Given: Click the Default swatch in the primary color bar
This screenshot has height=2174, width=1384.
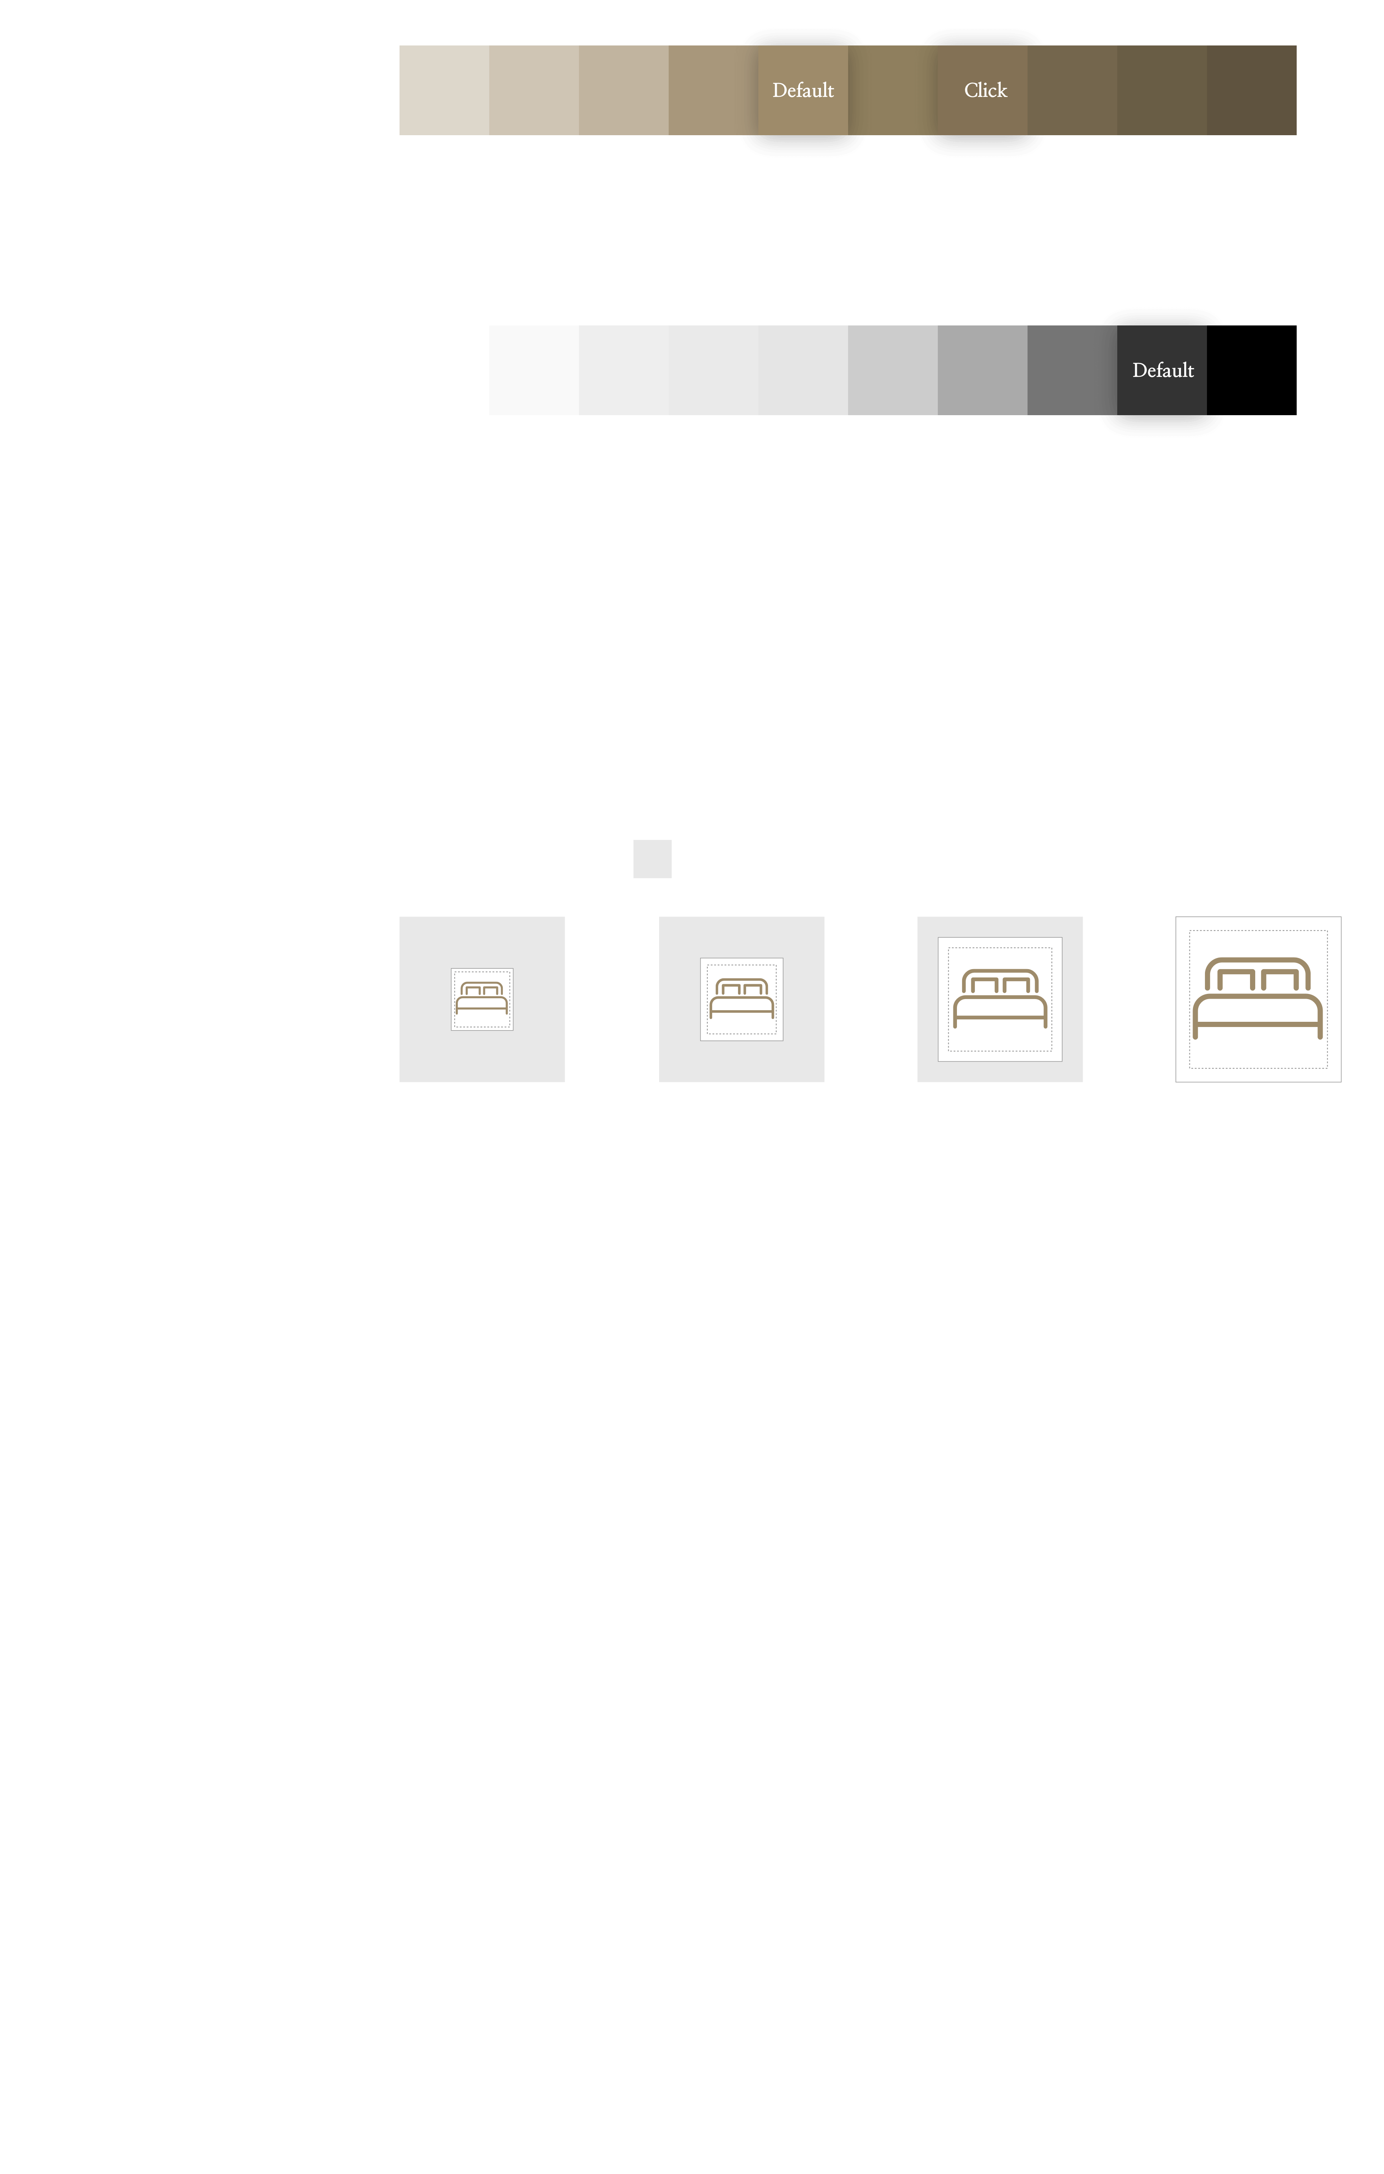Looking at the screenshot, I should click(x=803, y=90).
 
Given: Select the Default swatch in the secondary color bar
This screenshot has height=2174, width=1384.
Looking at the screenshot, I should click(x=1162, y=370).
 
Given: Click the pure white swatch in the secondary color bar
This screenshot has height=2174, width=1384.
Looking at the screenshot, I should click(x=444, y=370).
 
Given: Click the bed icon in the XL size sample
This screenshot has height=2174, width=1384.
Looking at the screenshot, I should click(x=1258, y=999).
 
